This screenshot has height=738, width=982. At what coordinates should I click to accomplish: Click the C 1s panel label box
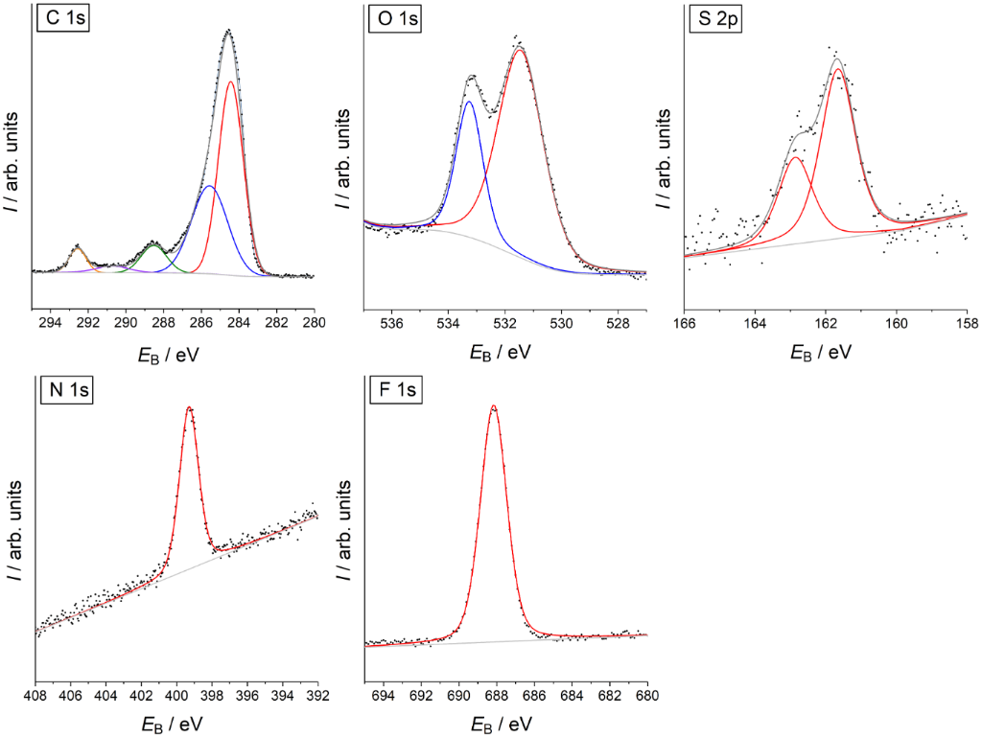click(63, 20)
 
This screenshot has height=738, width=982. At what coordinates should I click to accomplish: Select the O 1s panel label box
click(395, 20)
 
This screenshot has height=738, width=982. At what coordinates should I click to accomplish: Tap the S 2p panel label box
click(716, 20)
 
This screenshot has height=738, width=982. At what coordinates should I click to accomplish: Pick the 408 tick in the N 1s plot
click(36, 696)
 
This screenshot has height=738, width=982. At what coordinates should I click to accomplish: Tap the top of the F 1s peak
click(494, 406)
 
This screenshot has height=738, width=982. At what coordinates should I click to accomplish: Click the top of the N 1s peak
click(190, 408)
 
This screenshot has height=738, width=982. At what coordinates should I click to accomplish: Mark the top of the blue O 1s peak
click(469, 102)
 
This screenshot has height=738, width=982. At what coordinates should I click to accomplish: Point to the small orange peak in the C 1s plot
click(78, 249)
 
